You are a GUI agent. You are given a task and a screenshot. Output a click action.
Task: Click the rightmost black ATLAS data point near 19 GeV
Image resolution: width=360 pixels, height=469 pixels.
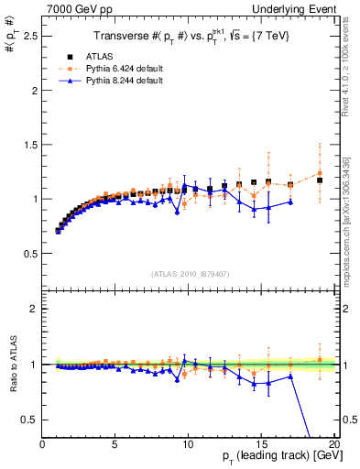(320, 180)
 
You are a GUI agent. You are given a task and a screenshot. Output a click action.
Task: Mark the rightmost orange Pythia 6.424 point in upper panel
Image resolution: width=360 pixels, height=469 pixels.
(320, 173)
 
